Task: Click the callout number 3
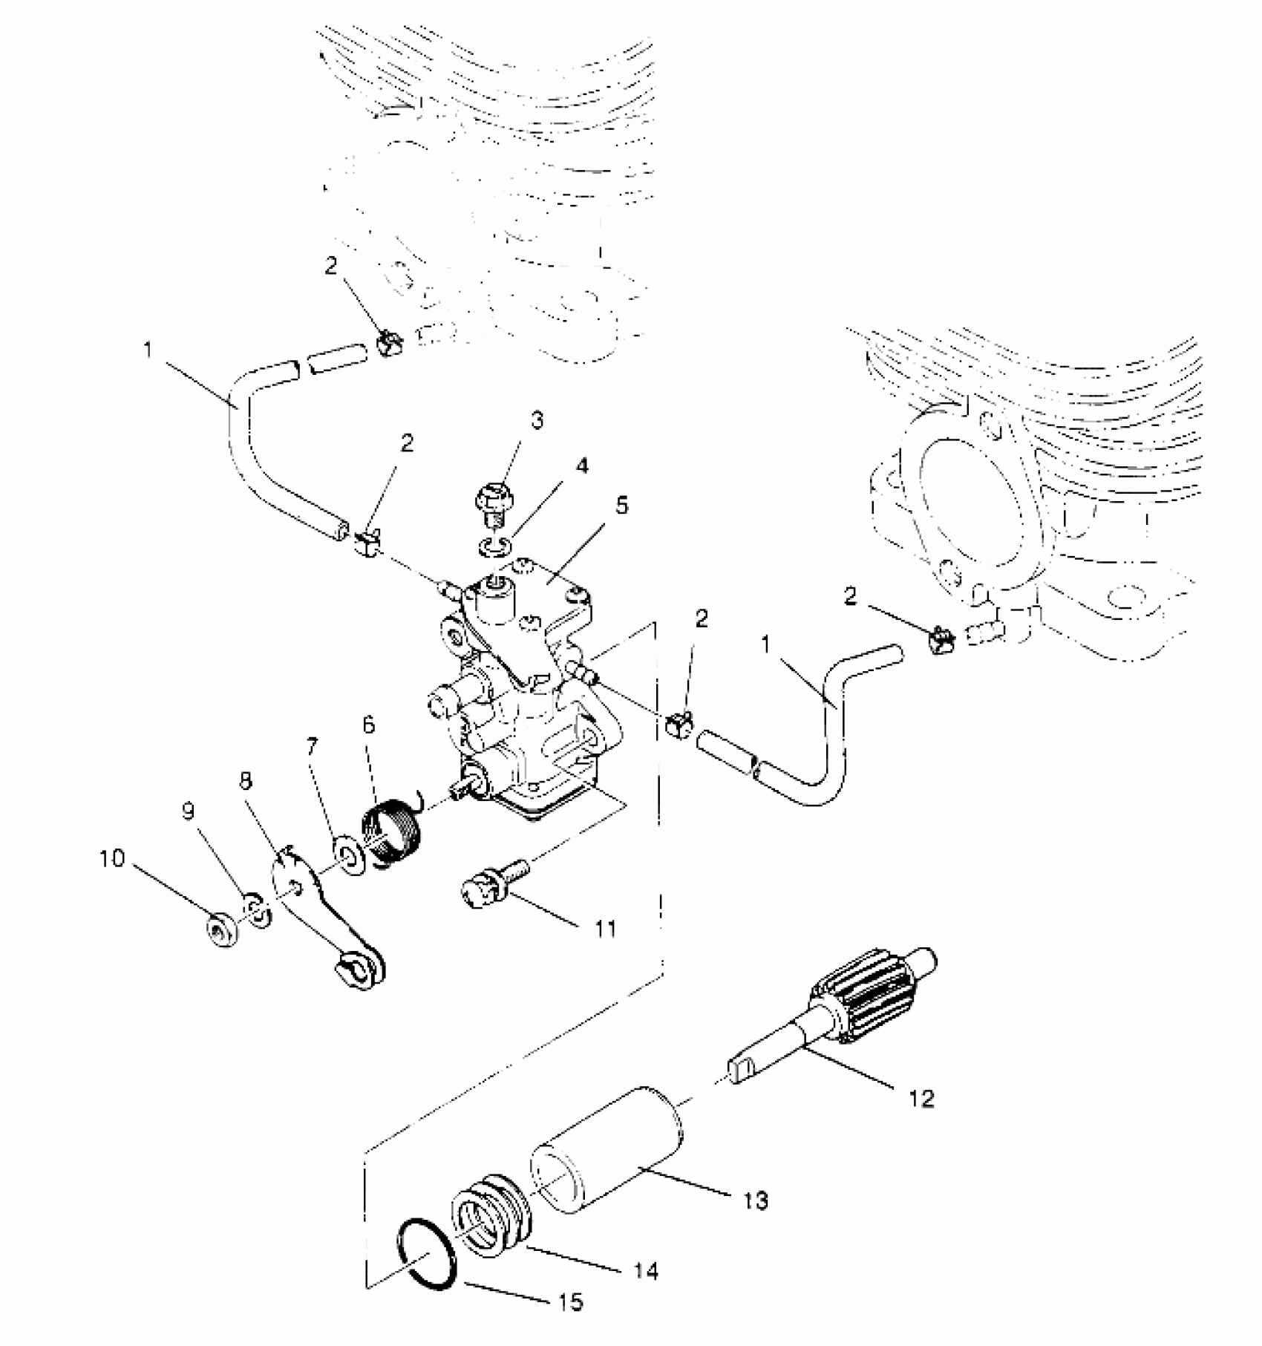coord(537,421)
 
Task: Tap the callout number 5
coord(621,506)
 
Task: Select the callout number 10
coord(113,859)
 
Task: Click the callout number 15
coord(572,1301)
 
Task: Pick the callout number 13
coord(756,1200)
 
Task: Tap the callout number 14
coord(647,1272)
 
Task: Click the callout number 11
coord(607,928)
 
